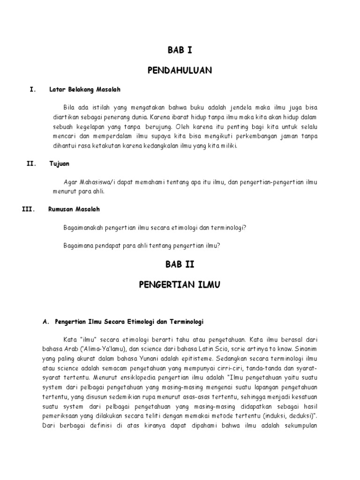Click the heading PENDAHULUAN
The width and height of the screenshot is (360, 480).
180,70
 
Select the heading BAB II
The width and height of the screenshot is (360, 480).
180,264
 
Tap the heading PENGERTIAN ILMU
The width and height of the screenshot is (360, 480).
180,285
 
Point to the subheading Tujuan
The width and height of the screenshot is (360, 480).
59,164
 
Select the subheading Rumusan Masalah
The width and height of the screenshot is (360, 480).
74,209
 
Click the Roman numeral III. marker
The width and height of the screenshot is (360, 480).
29,209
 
